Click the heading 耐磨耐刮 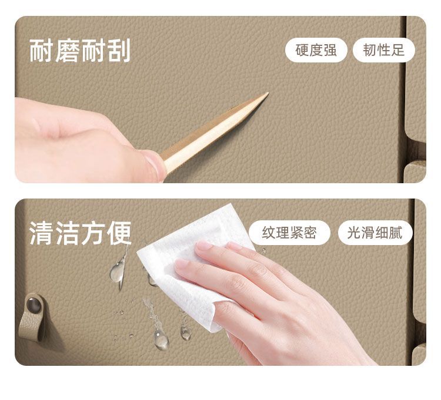(80, 51)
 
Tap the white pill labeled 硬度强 (316, 50)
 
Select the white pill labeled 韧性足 (383, 50)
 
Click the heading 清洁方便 (81, 233)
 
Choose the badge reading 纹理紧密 (289, 233)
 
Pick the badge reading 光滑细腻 (375, 233)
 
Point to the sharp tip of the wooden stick (268, 93)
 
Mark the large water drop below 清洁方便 (117, 272)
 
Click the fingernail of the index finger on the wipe (204, 245)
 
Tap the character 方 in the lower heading (93, 233)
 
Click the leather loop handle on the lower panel (32, 318)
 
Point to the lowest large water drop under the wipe (161, 341)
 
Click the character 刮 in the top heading (119, 51)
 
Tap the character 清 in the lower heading (42, 233)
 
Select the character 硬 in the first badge (302, 50)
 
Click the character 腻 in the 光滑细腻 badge (396, 233)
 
